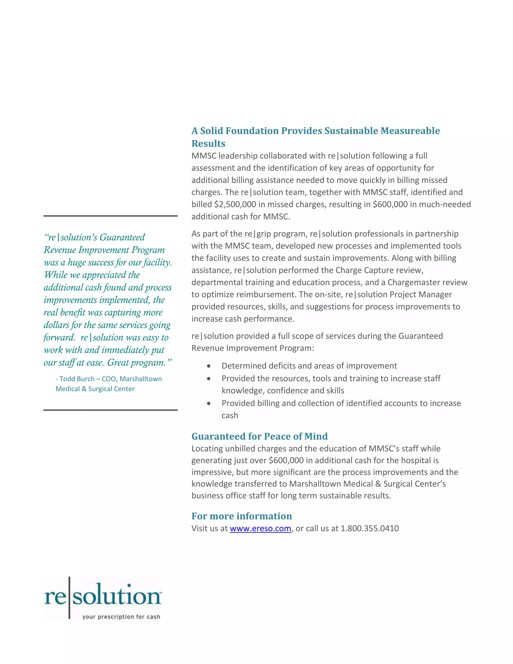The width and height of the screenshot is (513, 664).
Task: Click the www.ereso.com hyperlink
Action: coord(260,528)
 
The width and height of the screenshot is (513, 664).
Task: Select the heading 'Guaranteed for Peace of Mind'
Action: coord(260,436)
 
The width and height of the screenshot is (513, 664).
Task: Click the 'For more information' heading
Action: coord(242,516)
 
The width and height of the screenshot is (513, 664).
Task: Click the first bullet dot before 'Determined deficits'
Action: coord(208,366)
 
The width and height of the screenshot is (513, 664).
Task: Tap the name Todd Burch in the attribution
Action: coord(77,379)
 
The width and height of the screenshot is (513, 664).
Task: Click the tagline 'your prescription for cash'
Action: coord(121,617)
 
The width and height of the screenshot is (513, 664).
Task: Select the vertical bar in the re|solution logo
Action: coord(69,597)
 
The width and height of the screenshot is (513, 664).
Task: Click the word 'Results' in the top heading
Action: coord(208,144)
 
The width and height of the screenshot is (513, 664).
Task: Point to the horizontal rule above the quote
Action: coord(110,216)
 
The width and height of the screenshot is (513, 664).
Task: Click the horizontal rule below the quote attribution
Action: coord(110,410)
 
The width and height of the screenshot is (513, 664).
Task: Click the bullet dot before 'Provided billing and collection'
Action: coord(208,403)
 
